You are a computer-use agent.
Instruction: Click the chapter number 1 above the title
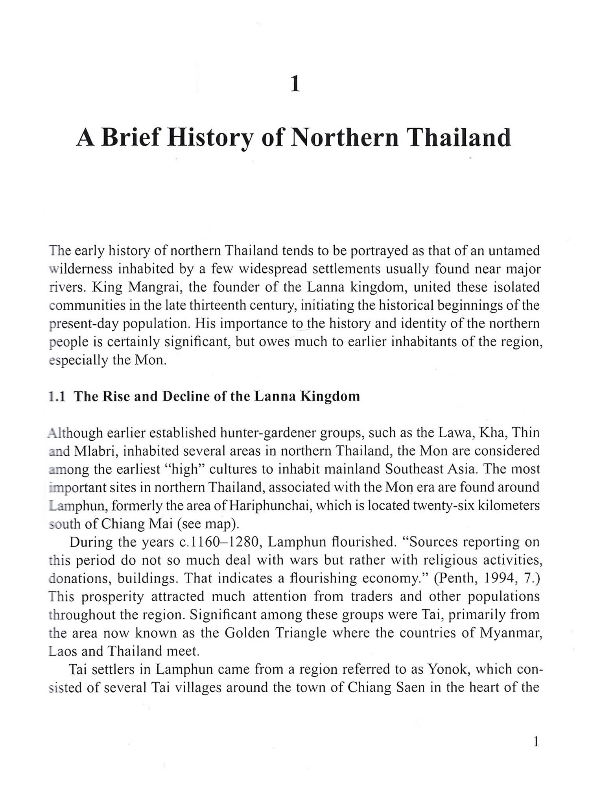coord(295,85)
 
